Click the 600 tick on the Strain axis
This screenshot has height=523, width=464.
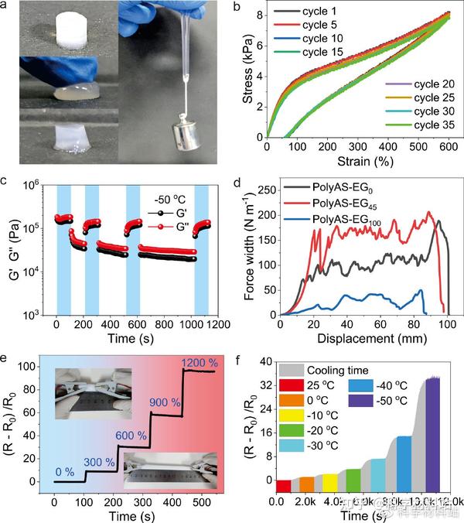click(x=449, y=147)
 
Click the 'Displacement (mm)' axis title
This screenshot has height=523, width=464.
click(x=363, y=338)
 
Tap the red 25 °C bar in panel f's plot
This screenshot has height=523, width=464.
click(x=284, y=486)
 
